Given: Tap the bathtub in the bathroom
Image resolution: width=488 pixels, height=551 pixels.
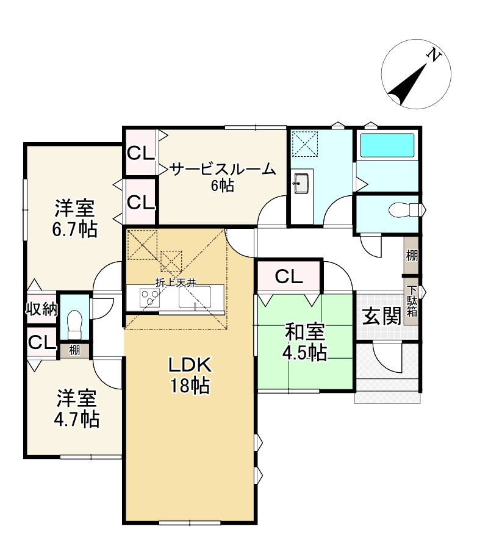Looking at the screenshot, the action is coord(387,145).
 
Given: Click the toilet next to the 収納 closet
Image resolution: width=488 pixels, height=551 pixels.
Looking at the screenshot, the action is coord(74,323).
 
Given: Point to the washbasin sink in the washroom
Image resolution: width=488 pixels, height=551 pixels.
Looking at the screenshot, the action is coord(301,182).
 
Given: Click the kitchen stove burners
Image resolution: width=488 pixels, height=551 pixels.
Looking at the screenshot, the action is coord(149,298).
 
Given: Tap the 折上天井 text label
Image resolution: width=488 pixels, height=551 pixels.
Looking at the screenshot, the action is coord(176,282).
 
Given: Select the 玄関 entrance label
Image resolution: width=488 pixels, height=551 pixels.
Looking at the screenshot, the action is coord(381,316).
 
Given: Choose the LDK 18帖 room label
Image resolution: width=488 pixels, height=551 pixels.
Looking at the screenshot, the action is coord(190,375).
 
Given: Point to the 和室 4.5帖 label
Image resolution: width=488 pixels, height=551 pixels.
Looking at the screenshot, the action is coord(305,342).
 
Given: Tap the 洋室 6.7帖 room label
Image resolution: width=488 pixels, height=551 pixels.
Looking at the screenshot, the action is coord(75,218).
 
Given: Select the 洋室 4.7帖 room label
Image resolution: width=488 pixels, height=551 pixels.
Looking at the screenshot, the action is coord(77,408).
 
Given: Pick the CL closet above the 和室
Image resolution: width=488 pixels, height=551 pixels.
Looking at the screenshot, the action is coord(289,277).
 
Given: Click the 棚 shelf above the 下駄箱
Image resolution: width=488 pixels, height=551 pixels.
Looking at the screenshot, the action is coord(411,256).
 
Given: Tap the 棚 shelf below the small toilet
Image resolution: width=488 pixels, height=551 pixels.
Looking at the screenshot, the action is coord(74,350).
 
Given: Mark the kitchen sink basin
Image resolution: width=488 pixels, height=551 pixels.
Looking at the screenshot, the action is coord(195,297).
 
